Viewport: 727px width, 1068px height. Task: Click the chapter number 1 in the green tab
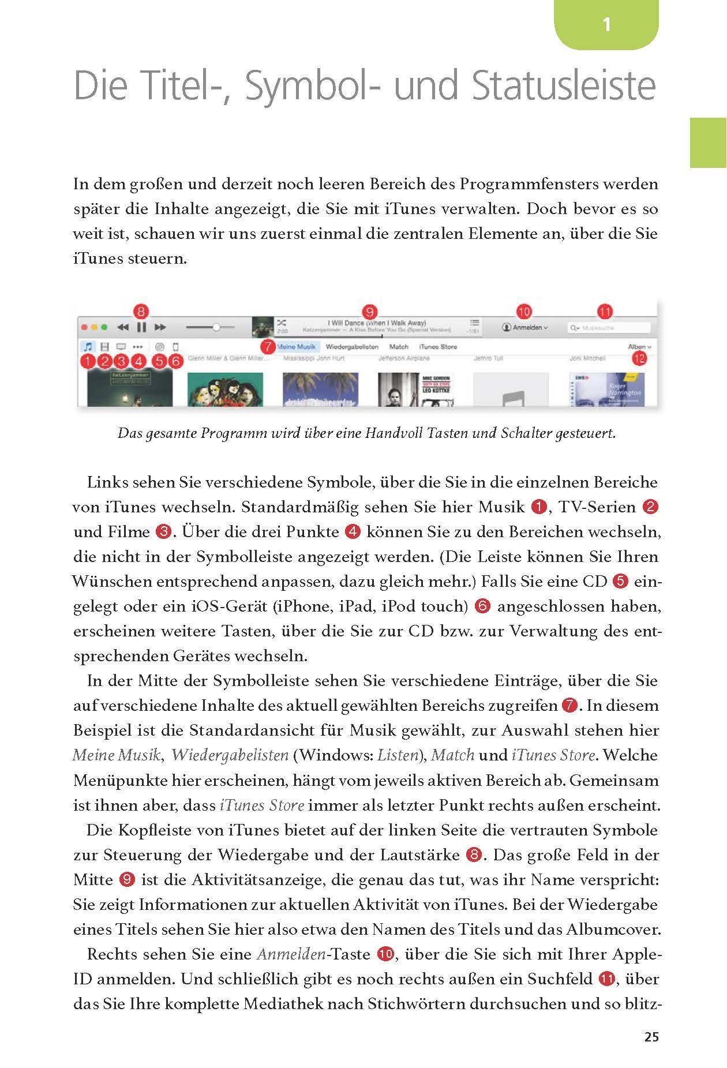tap(606, 25)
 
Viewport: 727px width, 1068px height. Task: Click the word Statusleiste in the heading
tap(563, 86)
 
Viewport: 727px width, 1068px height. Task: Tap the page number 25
tap(651, 1036)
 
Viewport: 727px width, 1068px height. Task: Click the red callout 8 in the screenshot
tap(141, 312)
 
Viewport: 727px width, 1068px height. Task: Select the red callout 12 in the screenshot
tap(639, 359)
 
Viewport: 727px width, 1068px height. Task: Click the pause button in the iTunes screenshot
tap(141, 327)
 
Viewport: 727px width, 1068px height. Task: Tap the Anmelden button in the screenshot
tap(525, 327)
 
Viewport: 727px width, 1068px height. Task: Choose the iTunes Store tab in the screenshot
tap(437, 347)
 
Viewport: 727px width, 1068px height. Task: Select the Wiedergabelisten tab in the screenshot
tap(352, 347)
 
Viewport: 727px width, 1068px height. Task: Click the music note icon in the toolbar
tap(88, 347)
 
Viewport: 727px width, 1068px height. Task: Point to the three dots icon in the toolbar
tap(137, 347)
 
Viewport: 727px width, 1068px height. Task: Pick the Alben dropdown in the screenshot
tap(639, 347)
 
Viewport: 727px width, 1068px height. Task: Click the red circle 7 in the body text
tap(569, 706)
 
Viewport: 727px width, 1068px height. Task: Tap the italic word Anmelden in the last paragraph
tap(291, 954)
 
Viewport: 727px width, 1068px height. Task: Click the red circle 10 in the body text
tap(385, 954)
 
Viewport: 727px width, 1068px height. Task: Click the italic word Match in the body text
tap(452, 755)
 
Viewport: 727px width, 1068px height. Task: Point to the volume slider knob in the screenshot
tap(216, 327)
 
